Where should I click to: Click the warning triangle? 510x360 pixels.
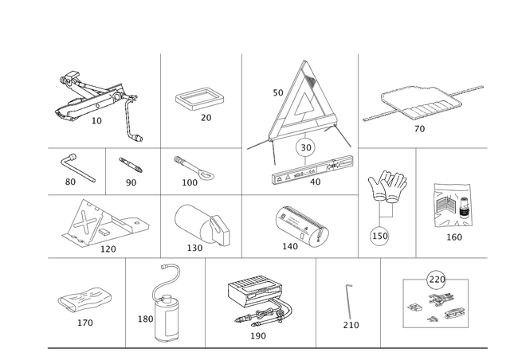[x=304, y=104]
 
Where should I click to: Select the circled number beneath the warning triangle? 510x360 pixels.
[x=304, y=147]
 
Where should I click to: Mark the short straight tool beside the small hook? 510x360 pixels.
[x=132, y=166]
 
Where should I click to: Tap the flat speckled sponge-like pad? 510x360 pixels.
[x=84, y=302]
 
